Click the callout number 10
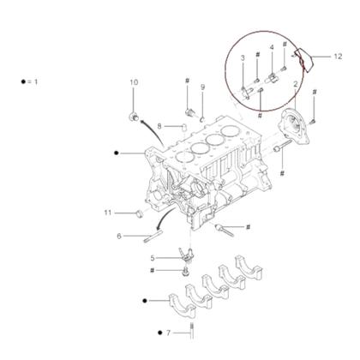click(134, 82)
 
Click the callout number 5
click(153, 257)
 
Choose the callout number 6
click(119, 236)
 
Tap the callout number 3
click(243, 57)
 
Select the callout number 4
click(272, 47)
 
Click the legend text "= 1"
click(33, 81)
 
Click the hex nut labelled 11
click(137, 213)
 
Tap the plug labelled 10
click(133, 114)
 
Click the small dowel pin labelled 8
click(182, 126)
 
